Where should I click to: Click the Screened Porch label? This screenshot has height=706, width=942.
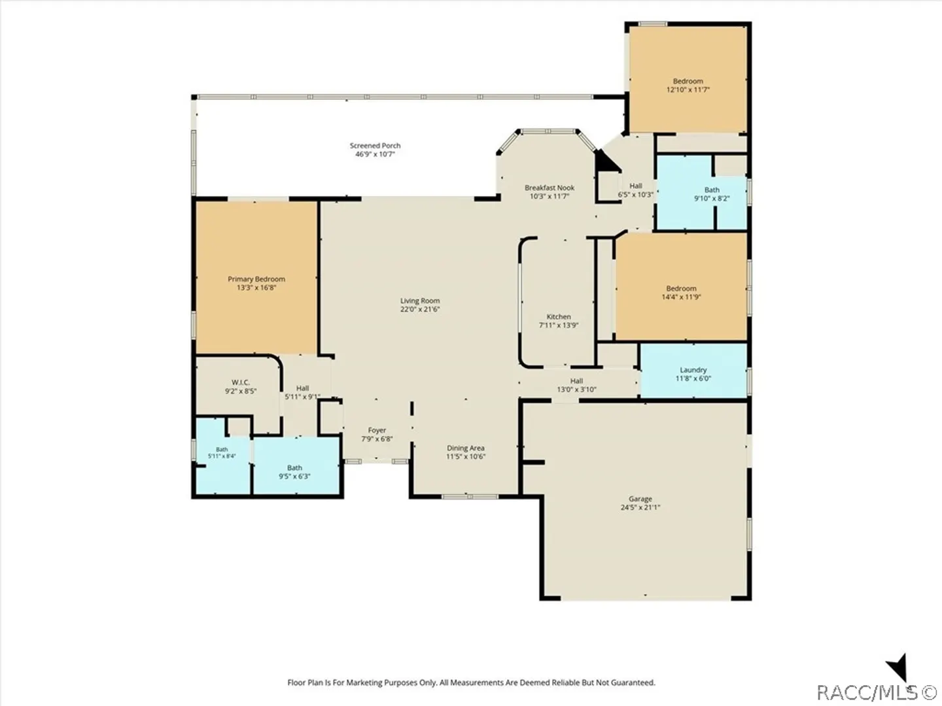coord(375,146)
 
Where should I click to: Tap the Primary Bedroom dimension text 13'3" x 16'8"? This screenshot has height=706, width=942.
coord(256,288)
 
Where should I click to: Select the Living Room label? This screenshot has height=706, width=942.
coord(420,301)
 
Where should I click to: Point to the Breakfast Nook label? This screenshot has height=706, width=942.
coord(549,188)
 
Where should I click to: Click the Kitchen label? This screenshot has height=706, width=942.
coord(559,317)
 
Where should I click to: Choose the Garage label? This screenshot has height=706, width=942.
coord(640,499)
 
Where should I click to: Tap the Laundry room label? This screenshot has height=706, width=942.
coord(693,370)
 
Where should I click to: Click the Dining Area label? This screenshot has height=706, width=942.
coord(466,448)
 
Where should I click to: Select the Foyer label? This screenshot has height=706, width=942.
coord(377,430)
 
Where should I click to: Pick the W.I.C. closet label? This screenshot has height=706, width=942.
coord(241,382)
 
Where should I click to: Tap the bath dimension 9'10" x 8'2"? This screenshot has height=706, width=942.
coord(712,199)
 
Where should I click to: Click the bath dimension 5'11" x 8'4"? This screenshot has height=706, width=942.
coord(222,456)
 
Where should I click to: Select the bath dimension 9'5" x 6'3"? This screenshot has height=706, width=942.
coord(294,477)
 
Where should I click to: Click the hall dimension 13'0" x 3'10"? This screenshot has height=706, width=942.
coord(577,390)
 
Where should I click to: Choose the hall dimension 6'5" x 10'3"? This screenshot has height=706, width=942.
coord(636,195)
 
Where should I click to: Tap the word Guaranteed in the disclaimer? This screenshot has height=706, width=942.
coord(633,682)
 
